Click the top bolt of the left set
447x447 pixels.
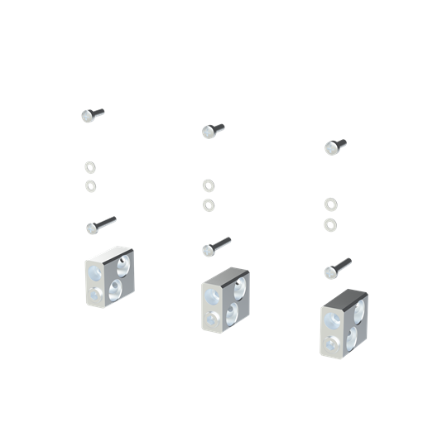click(x=93, y=115)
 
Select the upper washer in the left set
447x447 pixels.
click(x=89, y=167)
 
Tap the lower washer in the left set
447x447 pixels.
click(x=89, y=184)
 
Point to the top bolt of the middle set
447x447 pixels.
click(x=213, y=130)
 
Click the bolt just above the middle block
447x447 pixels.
click(x=215, y=246)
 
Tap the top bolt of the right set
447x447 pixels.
click(x=334, y=147)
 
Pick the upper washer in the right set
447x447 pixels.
click(x=330, y=204)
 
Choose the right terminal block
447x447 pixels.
click(x=344, y=323)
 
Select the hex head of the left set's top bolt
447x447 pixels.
click(x=88, y=116)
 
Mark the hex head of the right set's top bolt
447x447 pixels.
click(x=330, y=147)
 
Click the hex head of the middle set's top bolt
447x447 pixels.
click(x=208, y=131)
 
